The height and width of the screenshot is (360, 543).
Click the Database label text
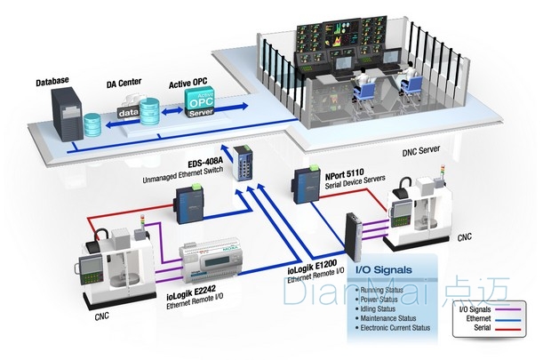pos(52,82)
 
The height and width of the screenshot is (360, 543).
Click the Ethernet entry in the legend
pos(478,318)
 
